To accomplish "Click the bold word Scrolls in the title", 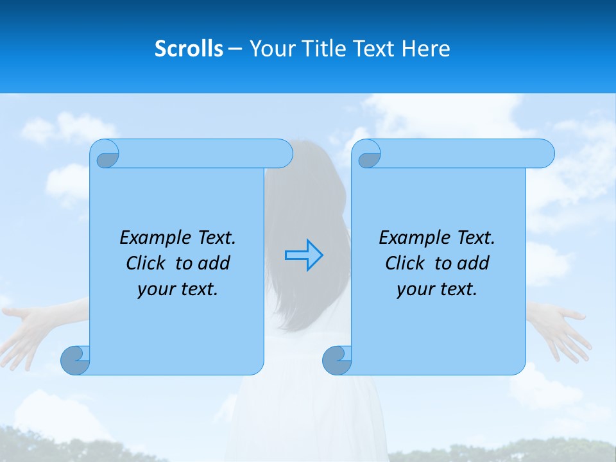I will coord(189,49).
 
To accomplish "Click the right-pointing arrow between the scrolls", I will coord(304,255).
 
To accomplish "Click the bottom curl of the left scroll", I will coord(75,360).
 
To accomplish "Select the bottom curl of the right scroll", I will coord(337,360).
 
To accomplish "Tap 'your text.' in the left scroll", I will coord(178,289).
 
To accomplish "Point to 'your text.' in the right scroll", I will coord(437,289).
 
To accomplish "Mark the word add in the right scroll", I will coord(474,263).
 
